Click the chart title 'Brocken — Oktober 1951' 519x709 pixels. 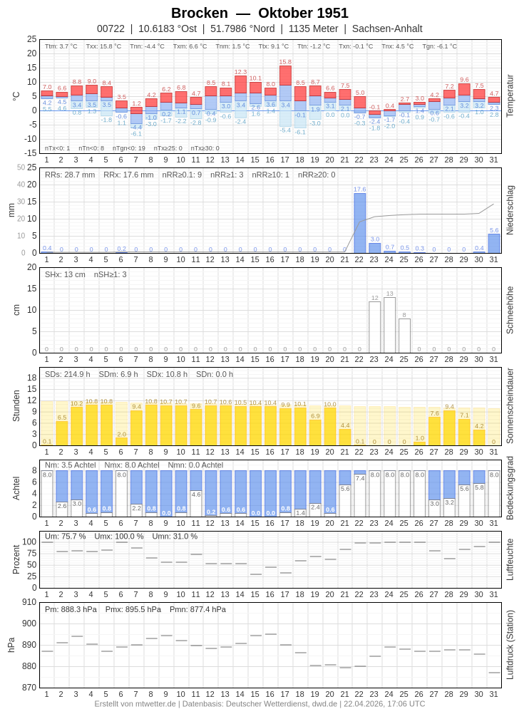click(259, 13)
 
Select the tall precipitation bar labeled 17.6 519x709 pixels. click(360, 223)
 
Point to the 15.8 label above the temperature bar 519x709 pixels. click(285, 62)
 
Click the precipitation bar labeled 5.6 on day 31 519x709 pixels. click(494, 243)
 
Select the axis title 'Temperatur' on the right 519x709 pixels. click(510, 95)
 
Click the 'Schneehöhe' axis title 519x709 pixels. click(510, 310)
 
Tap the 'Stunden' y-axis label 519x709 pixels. click(16, 405)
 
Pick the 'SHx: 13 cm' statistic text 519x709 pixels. click(65, 274)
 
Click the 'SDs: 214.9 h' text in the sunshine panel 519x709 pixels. click(68, 374)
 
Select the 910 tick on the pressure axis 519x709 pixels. click(29, 602)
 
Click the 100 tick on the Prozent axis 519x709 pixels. click(29, 542)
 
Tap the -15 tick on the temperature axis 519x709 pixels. click(29, 152)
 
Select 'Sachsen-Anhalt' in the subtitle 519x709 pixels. click(387, 29)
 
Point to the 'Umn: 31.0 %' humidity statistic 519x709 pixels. click(175, 537)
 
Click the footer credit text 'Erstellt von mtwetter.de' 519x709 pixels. click(135, 703)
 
